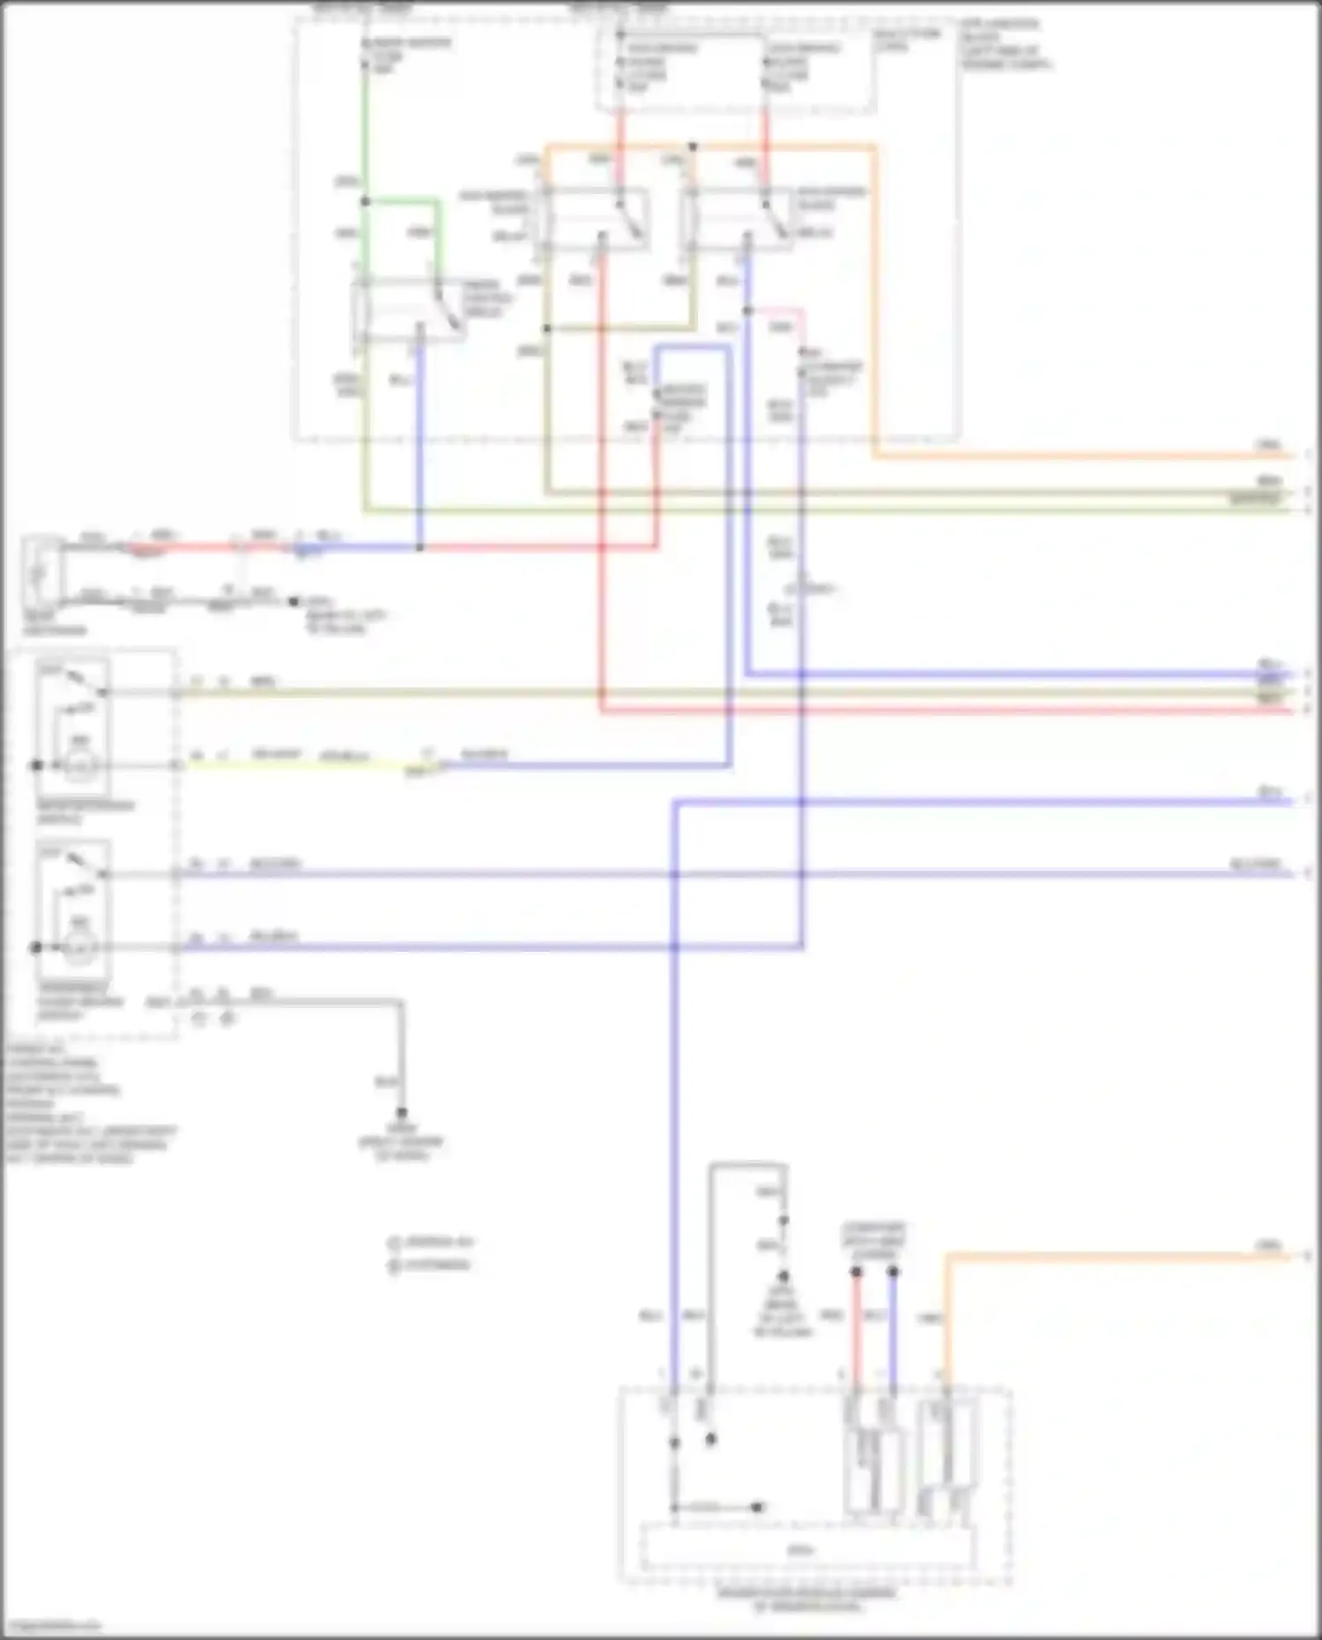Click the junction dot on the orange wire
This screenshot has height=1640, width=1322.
click(x=693, y=146)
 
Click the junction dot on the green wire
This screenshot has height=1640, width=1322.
click(x=365, y=202)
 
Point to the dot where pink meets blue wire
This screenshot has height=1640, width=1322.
click(x=747, y=311)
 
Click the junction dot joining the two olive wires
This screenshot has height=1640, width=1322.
click(x=546, y=329)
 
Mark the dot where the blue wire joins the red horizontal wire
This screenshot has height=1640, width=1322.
click(x=420, y=547)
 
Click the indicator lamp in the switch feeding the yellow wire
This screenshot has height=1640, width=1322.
click(x=80, y=766)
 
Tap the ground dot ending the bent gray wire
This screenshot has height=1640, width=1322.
click(x=402, y=1112)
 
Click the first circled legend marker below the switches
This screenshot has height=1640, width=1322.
click(x=394, y=1243)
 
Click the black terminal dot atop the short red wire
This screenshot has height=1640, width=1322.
click(x=855, y=1272)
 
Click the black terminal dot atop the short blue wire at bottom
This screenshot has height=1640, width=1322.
click(x=893, y=1272)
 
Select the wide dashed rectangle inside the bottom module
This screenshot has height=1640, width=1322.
click(x=806, y=1548)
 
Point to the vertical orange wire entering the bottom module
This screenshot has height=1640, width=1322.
click(x=947, y=1322)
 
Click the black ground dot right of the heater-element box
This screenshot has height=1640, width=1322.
click(x=293, y=602)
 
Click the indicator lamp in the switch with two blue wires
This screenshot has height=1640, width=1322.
click(x=80, y=947)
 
